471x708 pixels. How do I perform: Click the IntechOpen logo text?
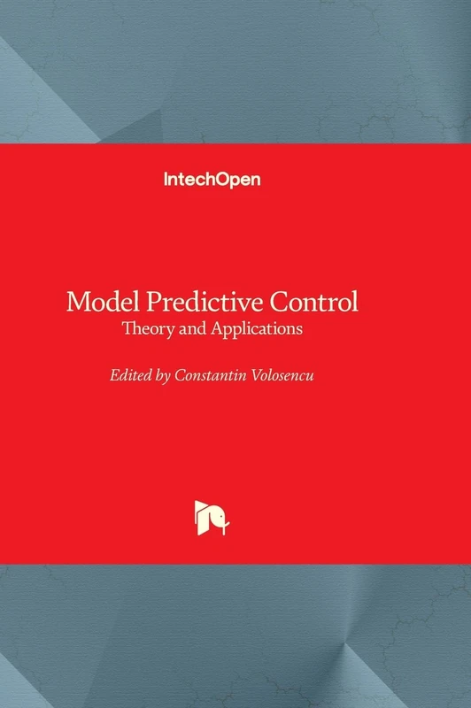tap(212, 179)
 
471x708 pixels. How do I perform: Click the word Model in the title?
tap(98, 302)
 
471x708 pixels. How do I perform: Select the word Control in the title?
tap(314, 302)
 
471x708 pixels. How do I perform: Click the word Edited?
tap(128, 374)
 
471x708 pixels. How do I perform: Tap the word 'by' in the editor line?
tap(162, 375)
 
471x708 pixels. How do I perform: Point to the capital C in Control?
tap(282, 302)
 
